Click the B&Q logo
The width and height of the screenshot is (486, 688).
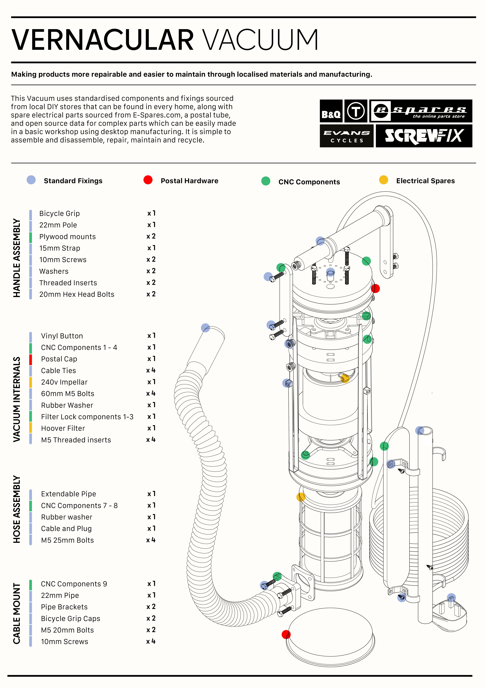[x=331, y=111]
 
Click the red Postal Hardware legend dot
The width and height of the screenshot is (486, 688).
[x=148, y=180]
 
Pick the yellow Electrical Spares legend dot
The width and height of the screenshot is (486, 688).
[x=383, y=180]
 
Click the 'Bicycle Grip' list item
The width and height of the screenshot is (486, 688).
[x=60, y=213]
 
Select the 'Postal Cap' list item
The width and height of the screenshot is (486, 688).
[x=59, y=359]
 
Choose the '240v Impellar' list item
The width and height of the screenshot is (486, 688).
[x=64, y=382]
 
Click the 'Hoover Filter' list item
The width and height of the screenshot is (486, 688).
[x=63, y=428]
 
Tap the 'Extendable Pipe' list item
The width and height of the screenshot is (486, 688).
[x=69, y=494]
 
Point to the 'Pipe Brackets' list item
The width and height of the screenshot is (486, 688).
[x=64, y=607]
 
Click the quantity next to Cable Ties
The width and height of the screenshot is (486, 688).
[x=151, y=370]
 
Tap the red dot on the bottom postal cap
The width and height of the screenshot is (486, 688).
[x=286, y=634]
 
